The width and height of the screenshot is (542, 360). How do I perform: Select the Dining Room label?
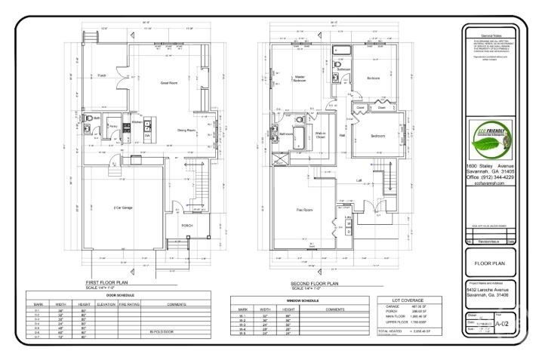186,131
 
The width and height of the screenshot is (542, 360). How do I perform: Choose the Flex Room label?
304,209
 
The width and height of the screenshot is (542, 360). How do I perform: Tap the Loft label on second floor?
360,180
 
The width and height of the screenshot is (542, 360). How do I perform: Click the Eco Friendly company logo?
491,139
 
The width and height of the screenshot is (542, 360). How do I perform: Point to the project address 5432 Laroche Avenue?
488,290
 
